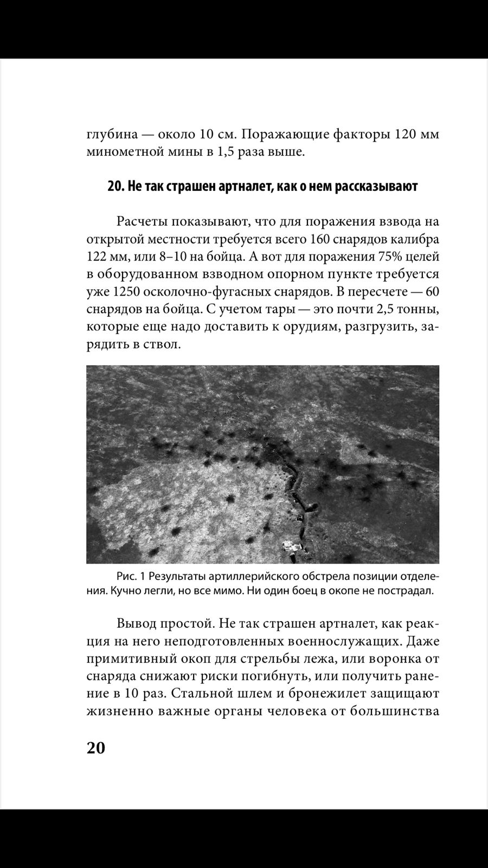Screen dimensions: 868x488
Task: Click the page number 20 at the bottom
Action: click(95, 748)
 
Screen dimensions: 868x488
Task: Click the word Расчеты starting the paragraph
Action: click(141, 221)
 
